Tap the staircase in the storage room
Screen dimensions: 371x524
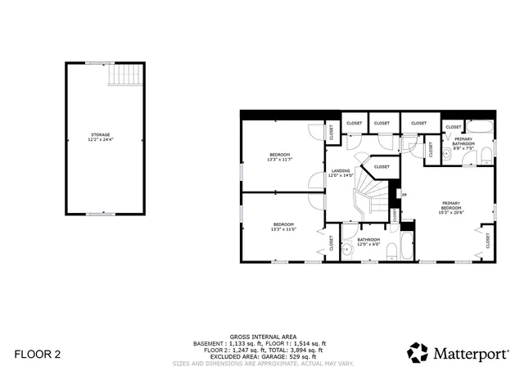click(x=124, y=75)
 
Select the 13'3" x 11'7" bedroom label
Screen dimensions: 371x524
click(x=280, y=155)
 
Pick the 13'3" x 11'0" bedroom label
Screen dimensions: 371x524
click(x=283, y=224)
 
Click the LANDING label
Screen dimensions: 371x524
click(x=340, y=170)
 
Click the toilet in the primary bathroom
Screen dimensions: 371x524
click(x=486, y=155)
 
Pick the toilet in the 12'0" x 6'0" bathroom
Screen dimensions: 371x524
click(x=391, y=252)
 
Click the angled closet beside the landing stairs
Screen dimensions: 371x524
click(x=382, y=167)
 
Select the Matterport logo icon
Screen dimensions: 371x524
click(x=418, y=352)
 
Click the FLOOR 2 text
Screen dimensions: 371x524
click(x=38, y=354)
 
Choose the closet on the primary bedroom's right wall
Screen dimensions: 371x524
click(x=488, y=241)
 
